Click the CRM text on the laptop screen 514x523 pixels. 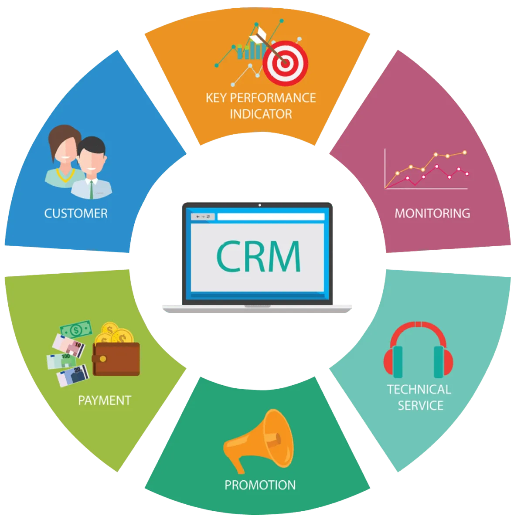(258, 256)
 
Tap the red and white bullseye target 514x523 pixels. (285, 63)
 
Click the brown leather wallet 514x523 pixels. (116, 359)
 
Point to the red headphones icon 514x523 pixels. (418, 350)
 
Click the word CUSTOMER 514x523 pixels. (76, 213)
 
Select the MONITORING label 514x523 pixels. (432, 213)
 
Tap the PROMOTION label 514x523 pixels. (260, 485)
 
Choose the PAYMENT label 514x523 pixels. (105, 401)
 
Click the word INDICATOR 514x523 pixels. (261, 114)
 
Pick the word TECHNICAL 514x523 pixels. (419, 389)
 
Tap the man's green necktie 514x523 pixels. (92, 189)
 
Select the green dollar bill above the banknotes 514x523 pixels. (76, 329)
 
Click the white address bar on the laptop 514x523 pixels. (271, 217)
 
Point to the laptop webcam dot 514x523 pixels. (259, 205)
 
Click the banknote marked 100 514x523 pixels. (61, 361)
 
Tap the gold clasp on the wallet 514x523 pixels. (103, 359)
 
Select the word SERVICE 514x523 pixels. (421, 405)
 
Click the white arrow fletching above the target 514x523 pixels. (259, 34)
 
